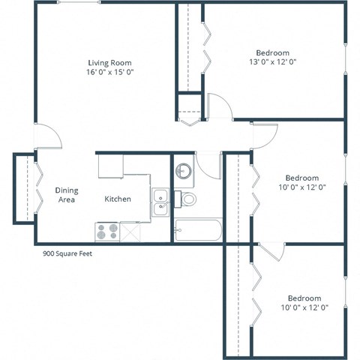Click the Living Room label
[x=109, y=61]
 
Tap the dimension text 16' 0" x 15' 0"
[x=109, y=72]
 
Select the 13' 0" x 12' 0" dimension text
[x=272, y=62]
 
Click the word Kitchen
[x=118, y=199]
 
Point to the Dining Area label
[x=67, y=195]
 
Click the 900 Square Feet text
[x=67, y=253]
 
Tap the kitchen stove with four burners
[x=107, y=231]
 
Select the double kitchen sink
[x=160, y=202]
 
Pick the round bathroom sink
[x=184, y=172]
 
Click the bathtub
[x=197, y=230]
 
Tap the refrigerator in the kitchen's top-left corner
[x=110, y=166]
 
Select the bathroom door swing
[x=208, y=164]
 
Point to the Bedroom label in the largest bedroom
[x=272, y=52]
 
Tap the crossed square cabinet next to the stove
[x=132, y=232]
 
